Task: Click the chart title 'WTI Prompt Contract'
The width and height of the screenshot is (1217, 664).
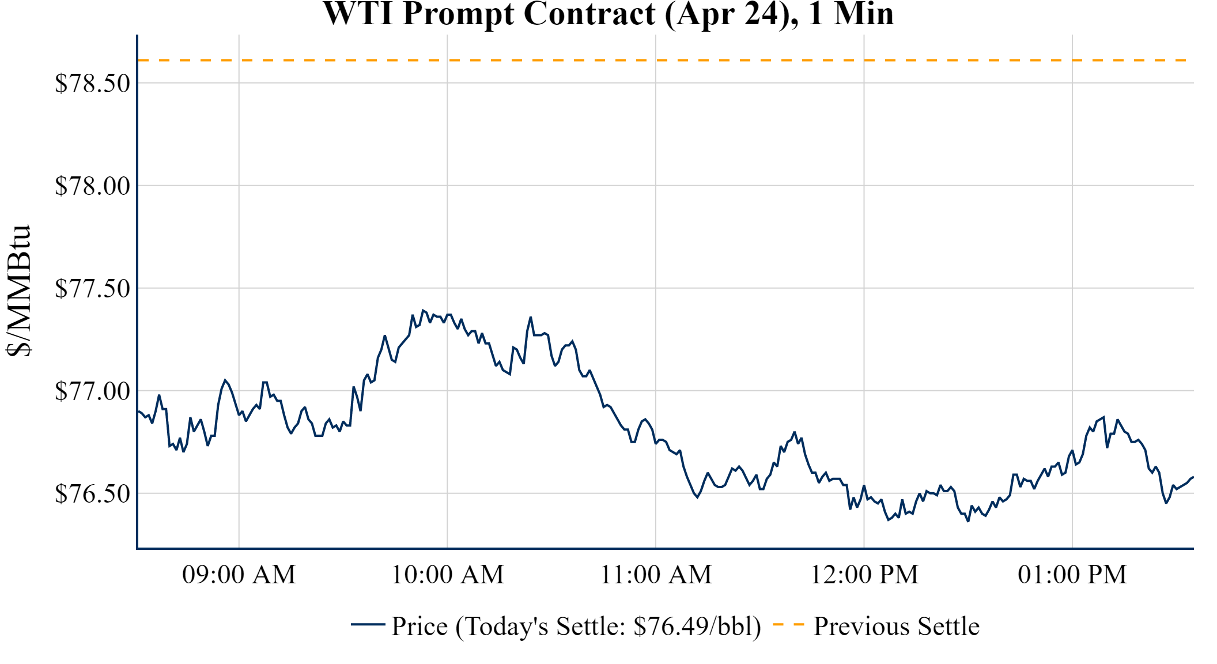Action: (608, 14)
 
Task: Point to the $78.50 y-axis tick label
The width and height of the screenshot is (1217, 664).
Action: (93, 84)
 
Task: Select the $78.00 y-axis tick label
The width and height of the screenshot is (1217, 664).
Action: (93, 186)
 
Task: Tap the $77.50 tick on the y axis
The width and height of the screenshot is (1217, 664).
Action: (93, 289)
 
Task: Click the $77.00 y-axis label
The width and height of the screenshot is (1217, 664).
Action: (93, 391)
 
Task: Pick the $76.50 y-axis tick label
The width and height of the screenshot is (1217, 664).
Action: (93, 494)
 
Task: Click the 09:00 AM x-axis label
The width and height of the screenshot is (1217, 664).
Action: (239, 575)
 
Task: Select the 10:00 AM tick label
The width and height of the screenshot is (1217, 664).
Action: (448, 575)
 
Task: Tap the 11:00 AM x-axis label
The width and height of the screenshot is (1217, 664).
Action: (656, 575)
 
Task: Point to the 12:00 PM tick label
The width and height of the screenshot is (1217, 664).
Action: (864, 575)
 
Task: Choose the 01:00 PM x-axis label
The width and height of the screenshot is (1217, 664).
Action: (1072, 575)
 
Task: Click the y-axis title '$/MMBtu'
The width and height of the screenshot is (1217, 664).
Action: (19, 291)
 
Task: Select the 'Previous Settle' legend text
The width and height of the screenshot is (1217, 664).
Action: (896, 627)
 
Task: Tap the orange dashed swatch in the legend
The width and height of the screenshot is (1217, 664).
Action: (788, 624)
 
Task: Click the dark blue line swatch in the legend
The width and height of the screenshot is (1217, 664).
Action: (368, 624)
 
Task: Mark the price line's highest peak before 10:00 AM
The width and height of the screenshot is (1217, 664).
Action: (423, 310)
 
